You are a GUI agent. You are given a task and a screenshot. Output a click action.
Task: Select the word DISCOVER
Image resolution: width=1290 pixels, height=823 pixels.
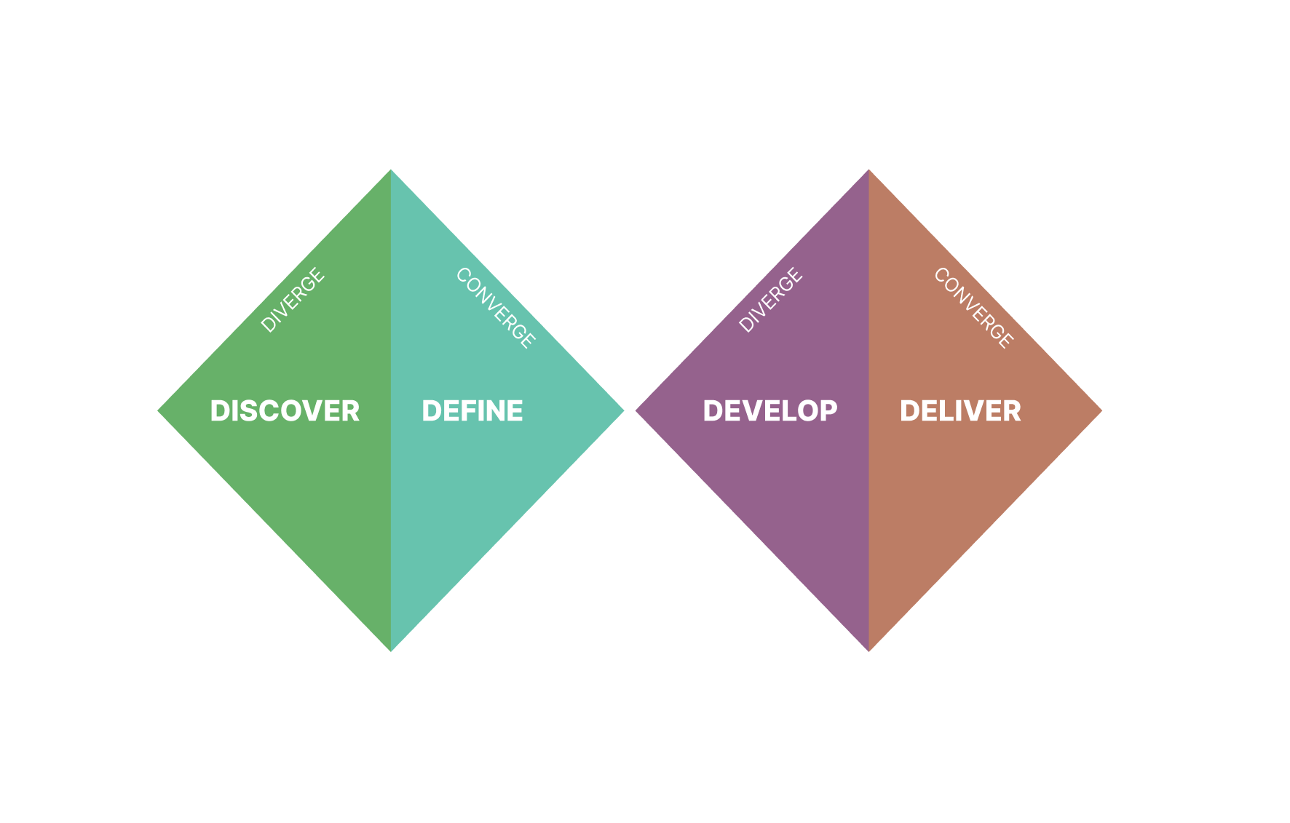pos(285,411)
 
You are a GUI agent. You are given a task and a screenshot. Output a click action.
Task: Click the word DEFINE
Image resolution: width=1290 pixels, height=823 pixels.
pos(472,411)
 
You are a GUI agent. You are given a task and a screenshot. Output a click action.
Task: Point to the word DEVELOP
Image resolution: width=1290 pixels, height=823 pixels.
pos(770,411)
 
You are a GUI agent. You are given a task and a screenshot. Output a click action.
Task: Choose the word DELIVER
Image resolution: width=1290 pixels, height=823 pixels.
pos(960,411)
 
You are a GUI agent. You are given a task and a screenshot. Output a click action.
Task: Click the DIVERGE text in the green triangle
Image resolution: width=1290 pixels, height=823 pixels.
pos(293,300)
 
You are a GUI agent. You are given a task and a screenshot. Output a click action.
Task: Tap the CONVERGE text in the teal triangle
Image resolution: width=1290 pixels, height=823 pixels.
pos(496,307)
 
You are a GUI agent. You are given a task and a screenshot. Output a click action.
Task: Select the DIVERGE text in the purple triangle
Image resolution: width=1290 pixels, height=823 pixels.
pos(771,300)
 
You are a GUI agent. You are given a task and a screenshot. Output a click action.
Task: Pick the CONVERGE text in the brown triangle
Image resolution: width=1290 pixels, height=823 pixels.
pos(974,307)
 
